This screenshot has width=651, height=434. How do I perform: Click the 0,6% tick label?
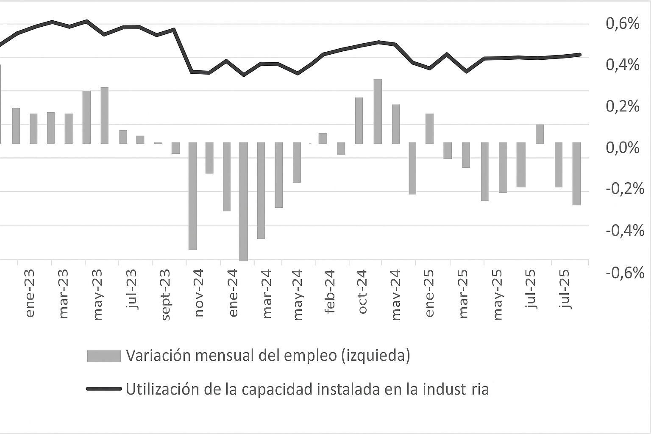(622, 24)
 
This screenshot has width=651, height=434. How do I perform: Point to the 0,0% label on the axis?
(622, 148)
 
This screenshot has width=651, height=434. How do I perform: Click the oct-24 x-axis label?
(363, 292)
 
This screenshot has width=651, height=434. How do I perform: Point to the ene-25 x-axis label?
(429, 292)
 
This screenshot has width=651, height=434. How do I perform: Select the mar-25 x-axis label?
(463, 292)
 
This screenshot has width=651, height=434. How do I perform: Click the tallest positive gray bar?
(378, 111)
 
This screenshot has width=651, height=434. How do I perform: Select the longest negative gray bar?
(244, 201)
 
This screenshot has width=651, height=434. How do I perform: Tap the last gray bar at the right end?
(576, 174)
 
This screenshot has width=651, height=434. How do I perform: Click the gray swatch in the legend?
(104, 356)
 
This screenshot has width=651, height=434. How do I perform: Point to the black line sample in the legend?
(104, 389)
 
